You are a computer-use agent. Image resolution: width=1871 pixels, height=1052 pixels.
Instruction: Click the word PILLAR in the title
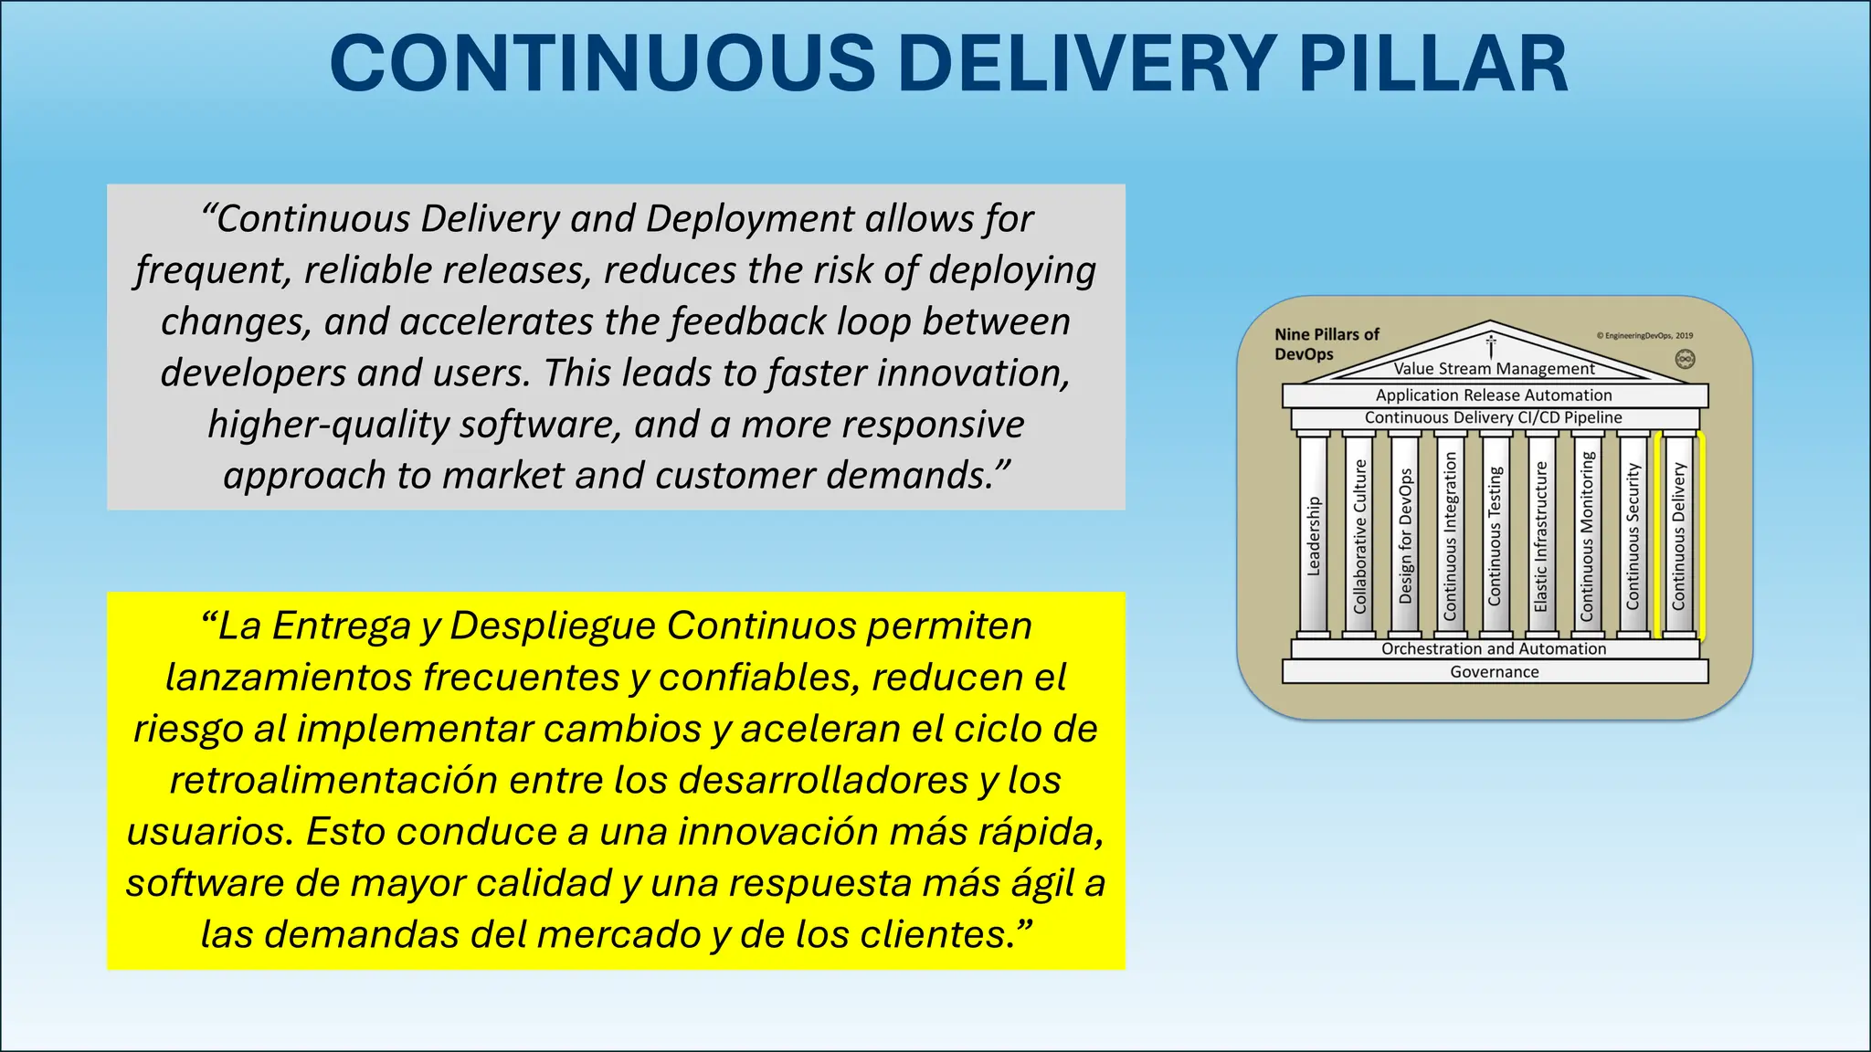pyautogui.click(x=1432, y=64)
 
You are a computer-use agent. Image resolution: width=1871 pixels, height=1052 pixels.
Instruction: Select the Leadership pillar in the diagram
pyautogui.click(x=1314, y=535)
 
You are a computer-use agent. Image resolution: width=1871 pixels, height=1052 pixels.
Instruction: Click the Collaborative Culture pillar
pyautogui.click(x=1359, y=535)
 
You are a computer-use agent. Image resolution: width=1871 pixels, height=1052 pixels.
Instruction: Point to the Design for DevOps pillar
pyautogui.click(x=1405, y=535)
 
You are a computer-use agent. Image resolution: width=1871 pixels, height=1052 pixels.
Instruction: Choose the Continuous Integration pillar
pyautogui.click(x=1450, y=535)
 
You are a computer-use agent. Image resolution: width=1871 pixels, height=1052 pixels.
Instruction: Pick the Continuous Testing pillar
pyautogui.click(x=1496, y=535)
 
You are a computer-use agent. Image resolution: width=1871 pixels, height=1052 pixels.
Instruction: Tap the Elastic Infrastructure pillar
pyautogui.click(x=1541, y=535)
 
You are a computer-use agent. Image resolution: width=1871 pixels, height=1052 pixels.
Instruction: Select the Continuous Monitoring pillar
pyautogui.click(x=1587, y=535)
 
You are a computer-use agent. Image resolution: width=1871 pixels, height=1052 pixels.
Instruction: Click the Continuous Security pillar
pyautogui.click(x=1633, y=535)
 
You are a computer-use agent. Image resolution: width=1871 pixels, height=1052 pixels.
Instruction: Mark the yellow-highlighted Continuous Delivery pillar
pyautogui.click(x=1679, y=535)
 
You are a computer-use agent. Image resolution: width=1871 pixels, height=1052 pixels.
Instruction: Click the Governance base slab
pyautogui.click(x=1495, y=672)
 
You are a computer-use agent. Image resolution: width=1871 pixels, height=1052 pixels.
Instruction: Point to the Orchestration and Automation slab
pyautogui.click(x=1495, y=648)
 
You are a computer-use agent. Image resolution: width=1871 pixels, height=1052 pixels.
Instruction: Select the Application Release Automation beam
pyautogui.click(x=1495, y=395)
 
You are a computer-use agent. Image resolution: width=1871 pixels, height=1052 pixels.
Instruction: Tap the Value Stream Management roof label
pyautogui.click(x=1495, y=369)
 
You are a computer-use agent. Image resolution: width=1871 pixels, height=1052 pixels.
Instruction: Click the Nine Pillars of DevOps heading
pyautogui.click(x=1327, y=344)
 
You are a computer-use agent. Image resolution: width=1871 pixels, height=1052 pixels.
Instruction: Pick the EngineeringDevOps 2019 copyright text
pyautogui.click(x=1644, y=335)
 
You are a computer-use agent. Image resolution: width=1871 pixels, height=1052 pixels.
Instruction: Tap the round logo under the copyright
pyautogui.click(x=1685, y=359)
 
